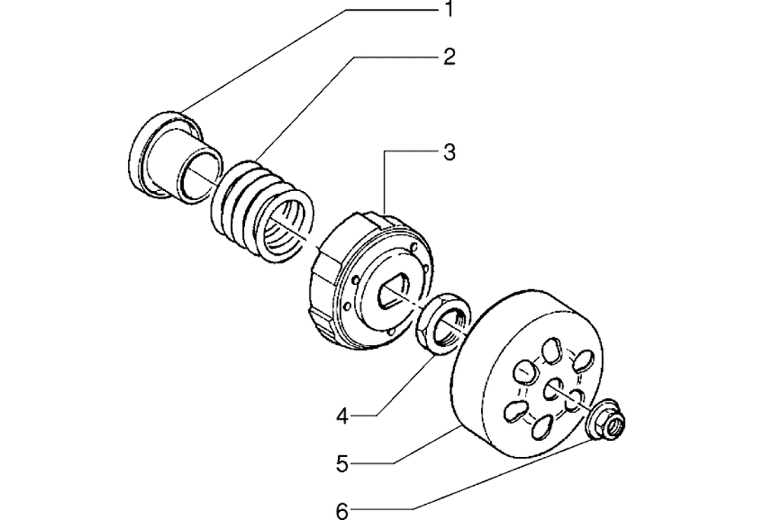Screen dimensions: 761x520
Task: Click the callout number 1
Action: (x=450, y=8)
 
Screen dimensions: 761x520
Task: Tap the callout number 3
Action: (x=450, y=152)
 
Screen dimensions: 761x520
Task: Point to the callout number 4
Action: (x=342, y=416)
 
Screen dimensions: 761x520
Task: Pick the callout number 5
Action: (x=342, y=464)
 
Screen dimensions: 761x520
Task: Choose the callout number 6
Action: (x=342, y=512)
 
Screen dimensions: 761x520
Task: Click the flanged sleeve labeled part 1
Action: (x=176, y=155)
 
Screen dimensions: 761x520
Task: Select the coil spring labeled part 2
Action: (x=262, y=209)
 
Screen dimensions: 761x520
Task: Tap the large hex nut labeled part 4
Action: (x=444, y=323)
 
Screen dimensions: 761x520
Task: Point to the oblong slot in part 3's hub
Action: (x=393, y=291)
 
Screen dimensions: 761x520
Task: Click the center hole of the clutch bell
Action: (x=552, y=390)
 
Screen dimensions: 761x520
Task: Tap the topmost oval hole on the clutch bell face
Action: (x=551, y=349)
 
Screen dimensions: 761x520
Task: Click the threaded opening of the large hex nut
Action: (x=451, y=327)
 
